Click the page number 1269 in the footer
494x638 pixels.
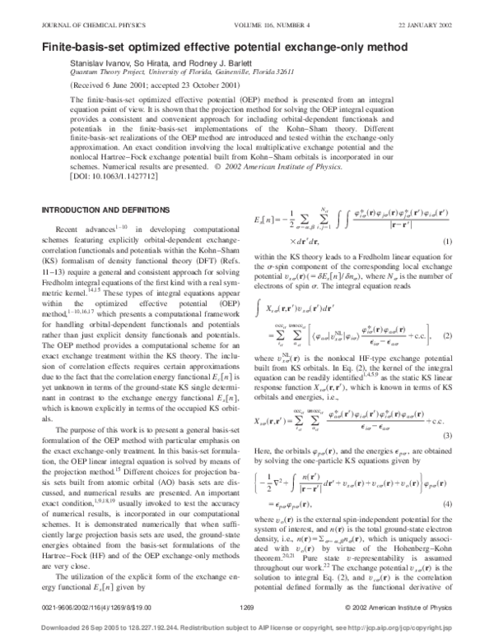245,606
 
